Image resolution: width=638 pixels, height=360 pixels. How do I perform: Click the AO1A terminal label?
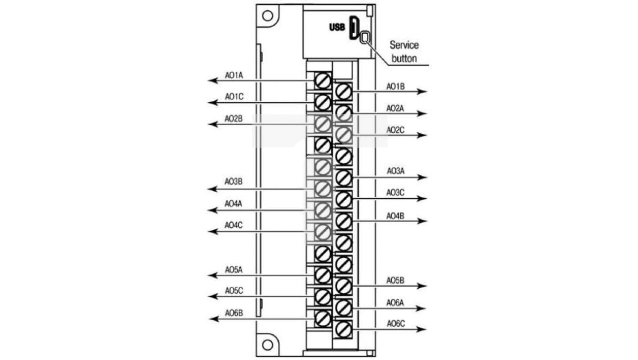[x=233, y=75]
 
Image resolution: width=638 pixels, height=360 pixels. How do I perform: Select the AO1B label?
[x=395, y=86]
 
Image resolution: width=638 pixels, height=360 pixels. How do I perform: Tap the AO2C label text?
[x=395, y=130]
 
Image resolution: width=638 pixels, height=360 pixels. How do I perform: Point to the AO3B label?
[x=233, y=182]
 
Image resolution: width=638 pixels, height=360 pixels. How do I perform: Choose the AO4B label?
[x=395, y=216]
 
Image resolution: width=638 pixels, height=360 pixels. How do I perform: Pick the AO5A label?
[x=233, y=270]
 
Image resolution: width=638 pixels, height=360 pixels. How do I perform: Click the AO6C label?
[x=395, y=324]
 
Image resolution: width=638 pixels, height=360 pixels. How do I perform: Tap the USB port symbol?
[x=354, y=28]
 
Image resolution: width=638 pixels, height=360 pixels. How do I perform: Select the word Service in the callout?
[x=404, y=45]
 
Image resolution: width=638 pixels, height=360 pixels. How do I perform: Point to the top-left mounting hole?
[x=267, y=15]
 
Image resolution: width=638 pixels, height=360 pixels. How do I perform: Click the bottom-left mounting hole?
[x=267, y=345]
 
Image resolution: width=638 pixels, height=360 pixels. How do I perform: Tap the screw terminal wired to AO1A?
[x=322, y=81]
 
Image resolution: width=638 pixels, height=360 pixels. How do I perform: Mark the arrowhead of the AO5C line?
[x=213, y=296]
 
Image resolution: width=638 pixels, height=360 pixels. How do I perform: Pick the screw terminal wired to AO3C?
[x=344, y=199]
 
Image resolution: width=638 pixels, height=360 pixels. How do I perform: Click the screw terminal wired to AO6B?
[x=322, y=319]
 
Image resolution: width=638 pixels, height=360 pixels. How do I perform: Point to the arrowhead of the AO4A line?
[x=213, y=210]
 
